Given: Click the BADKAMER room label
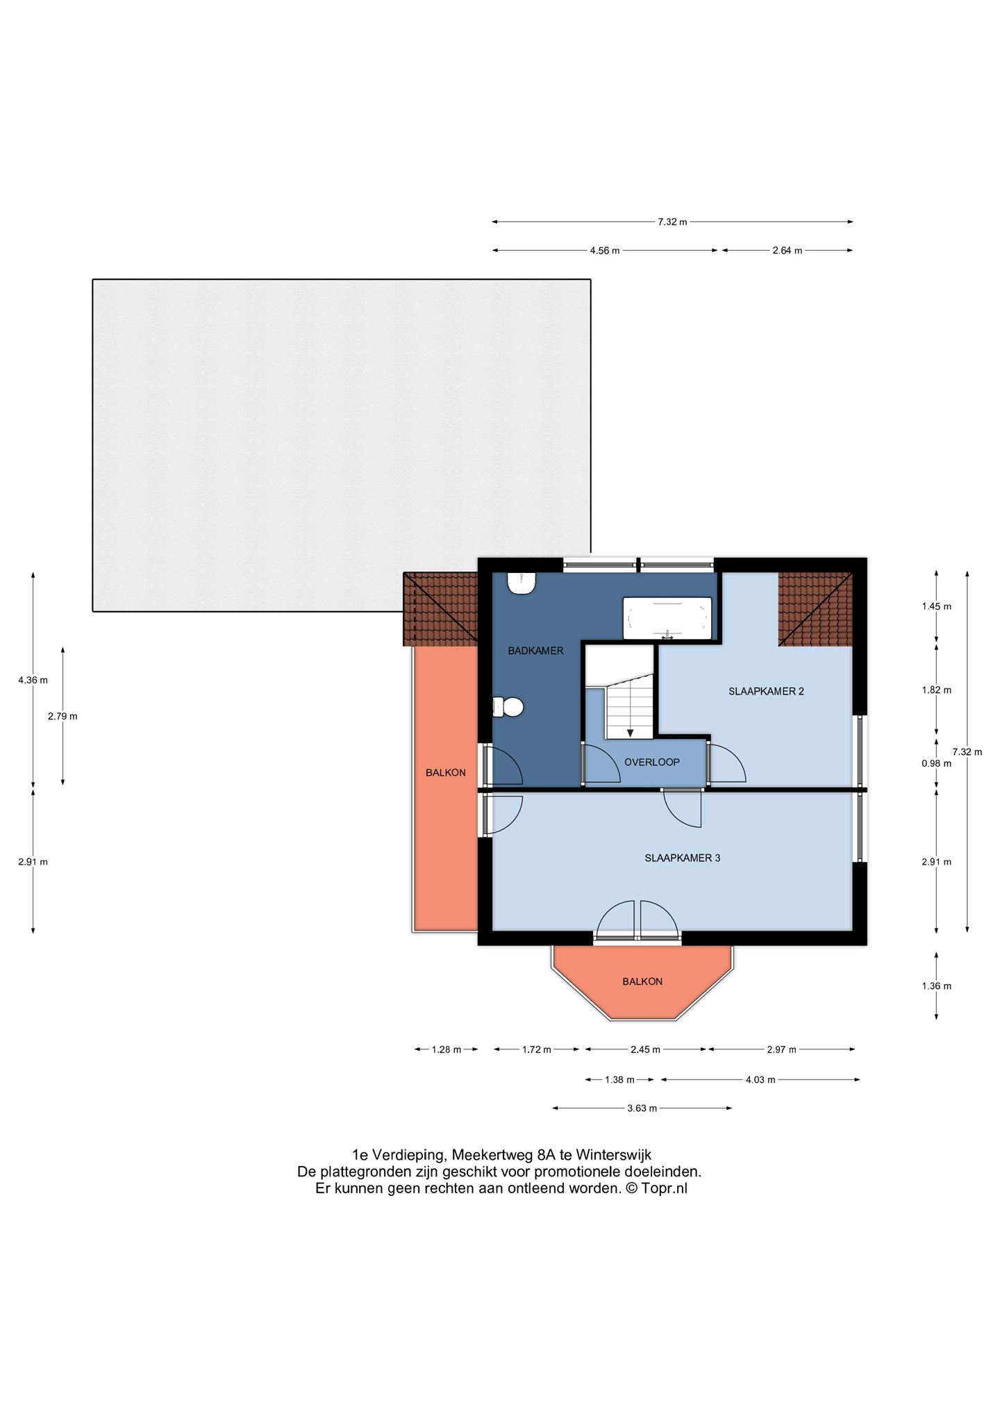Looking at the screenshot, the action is (x=535, y=651).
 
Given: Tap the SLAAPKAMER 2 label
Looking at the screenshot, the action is (x=766, y=691).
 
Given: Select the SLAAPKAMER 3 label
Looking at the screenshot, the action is (x=682, y=858).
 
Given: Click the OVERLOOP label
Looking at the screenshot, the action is (x=651, y=762).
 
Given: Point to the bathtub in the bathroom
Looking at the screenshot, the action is (x=667, y=618).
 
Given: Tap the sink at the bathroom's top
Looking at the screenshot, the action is (x=521, y=583).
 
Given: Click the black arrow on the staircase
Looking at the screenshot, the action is (x=630, y=732).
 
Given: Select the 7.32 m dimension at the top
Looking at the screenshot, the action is (x=672, y=222).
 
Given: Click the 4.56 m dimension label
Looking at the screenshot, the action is (x=604, y=251).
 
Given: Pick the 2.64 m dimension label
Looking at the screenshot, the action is (x=787, y=251).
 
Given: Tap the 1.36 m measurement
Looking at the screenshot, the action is (x=936, y=985).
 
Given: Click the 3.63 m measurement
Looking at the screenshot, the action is (x=642, y=1108).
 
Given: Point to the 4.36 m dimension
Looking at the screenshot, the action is (x=33, y=680).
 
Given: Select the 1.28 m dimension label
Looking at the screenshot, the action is (x=446, y=1049).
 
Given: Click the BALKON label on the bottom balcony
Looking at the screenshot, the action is (x=642, y=981).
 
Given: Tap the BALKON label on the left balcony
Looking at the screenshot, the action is (x=446, y=772).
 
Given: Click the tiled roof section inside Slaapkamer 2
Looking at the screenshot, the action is (x=815, y=609).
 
